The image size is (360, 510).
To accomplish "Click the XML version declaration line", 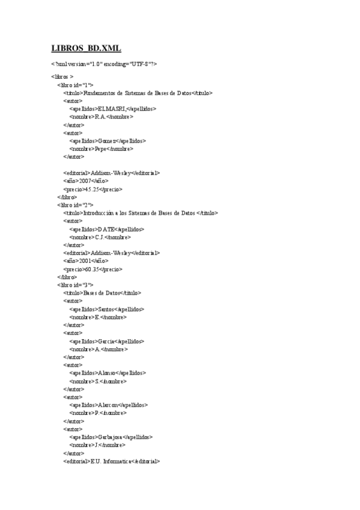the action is (104, 63).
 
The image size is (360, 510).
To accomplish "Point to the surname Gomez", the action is (107, 141).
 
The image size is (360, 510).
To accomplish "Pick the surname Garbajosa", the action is (112, 437).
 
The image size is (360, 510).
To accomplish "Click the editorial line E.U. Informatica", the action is (111, 461).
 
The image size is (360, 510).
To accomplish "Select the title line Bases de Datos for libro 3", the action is (102, 293).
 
